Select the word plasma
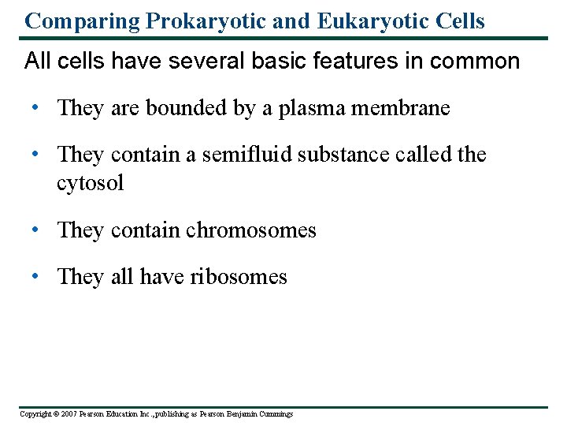click(x=322, y=109)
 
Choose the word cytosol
click(x=90, y=184)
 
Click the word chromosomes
click(x=250, y=230)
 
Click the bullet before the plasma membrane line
click(x=36, y=108)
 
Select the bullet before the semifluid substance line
click(x=36, y=155)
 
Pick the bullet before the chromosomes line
click(x=36, y=230)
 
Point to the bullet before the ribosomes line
click(x=36, y=277)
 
